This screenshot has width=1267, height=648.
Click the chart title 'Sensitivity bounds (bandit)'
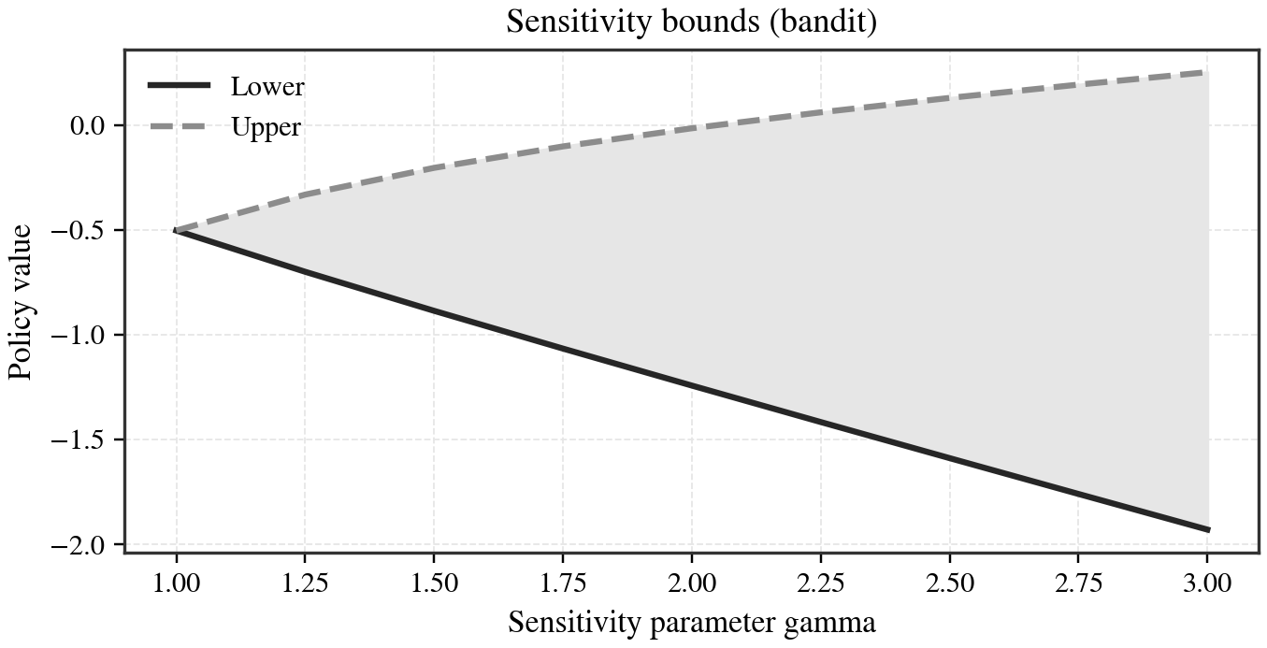[691, 22]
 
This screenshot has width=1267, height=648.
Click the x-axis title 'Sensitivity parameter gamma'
[691, 622]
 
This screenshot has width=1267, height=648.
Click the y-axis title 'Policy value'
[22, 301]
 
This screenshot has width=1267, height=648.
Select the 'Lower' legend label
[267, 87]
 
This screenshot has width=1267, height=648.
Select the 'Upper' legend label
[266, 127]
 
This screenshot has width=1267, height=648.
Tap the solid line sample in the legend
[180, 87]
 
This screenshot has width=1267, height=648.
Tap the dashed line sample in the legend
[180, 127]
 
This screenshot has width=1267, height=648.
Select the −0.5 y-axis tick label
[83, 231]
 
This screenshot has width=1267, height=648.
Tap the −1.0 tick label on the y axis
[83, 336]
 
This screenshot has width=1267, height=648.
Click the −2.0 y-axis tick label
[83, 545]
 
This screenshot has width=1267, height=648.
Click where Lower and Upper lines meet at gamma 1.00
[176, 230]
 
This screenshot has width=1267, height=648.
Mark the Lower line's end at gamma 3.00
[1208, 529]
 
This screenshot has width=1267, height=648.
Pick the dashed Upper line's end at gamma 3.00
[1208, 72]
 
